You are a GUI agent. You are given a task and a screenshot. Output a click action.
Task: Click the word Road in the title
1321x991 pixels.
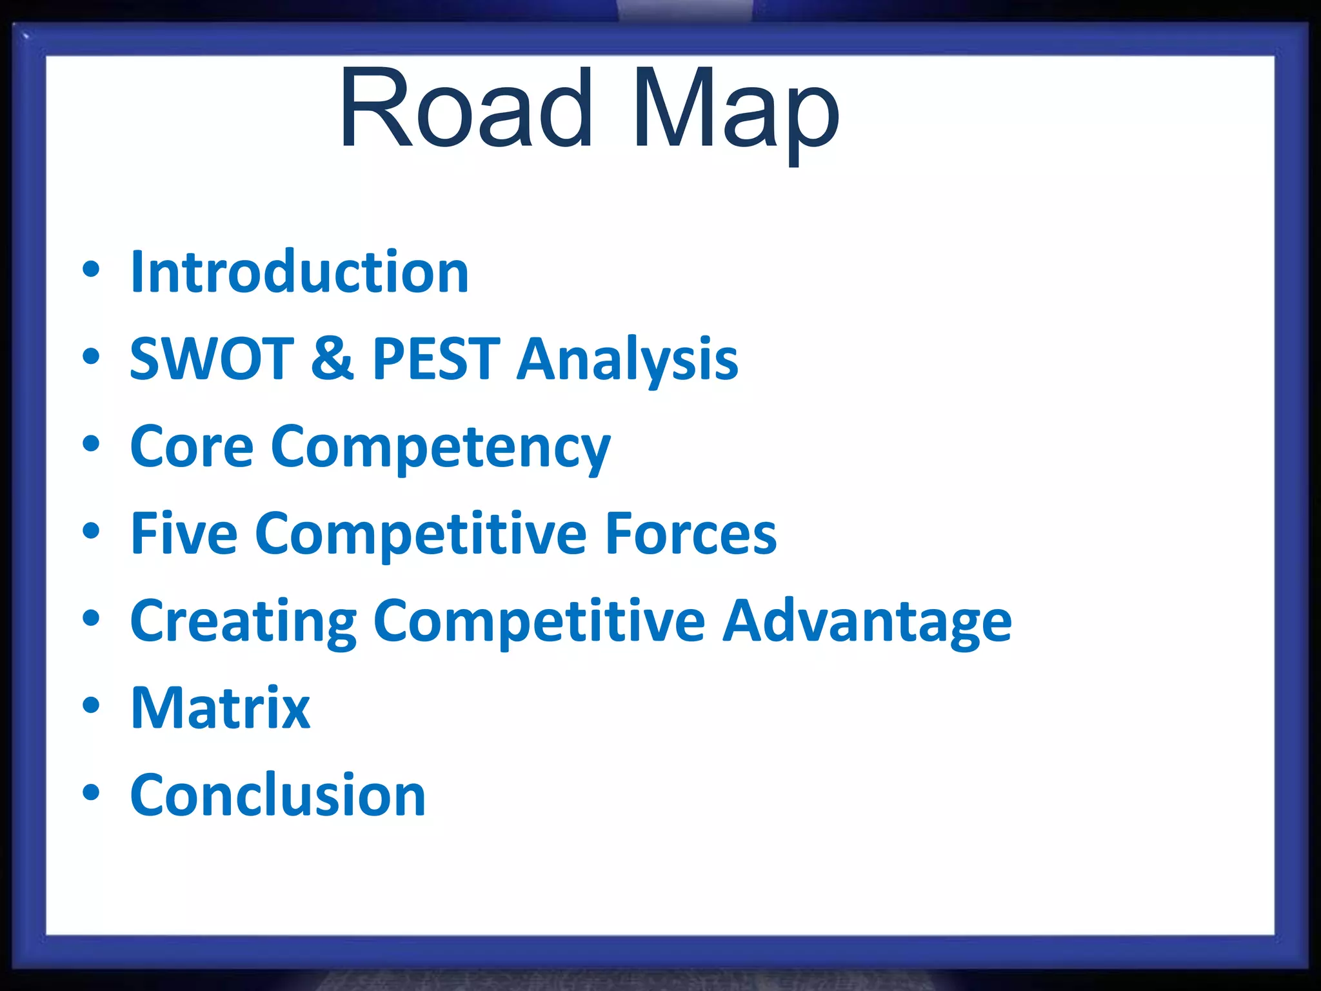click(466, 108)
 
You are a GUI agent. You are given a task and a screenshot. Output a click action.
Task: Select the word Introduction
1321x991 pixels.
click(299, 272)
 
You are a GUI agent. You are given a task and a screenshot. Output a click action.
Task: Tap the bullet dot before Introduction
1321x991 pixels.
click(91, 270)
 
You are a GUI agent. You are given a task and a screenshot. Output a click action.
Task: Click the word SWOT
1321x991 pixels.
click(212, 359)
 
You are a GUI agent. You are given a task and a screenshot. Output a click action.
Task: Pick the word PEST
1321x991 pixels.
click(436, 359)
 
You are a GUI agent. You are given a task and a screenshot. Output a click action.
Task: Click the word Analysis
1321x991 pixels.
click(627, 361)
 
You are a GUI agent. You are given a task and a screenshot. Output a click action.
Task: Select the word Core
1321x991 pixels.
click(192, 446)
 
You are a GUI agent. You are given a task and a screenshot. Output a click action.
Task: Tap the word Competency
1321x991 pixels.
click(441, 449)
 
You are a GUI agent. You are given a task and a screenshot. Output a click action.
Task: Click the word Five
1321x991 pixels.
click(184, 534)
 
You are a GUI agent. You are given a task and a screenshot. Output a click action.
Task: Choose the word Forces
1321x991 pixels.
click(691, 534)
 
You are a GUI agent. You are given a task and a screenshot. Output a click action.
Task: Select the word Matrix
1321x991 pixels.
click(220, 708)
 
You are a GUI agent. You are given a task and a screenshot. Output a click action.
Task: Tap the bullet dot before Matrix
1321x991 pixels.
click(91, 705)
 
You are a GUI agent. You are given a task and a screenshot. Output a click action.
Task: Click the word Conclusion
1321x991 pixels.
click(277, 796)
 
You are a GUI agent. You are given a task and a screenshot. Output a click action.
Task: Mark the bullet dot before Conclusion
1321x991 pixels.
click(91, 792)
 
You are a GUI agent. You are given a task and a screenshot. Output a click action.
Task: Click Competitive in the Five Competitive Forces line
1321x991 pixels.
click(421, 535)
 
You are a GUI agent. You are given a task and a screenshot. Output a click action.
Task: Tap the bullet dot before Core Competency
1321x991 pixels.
click(91, 444)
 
